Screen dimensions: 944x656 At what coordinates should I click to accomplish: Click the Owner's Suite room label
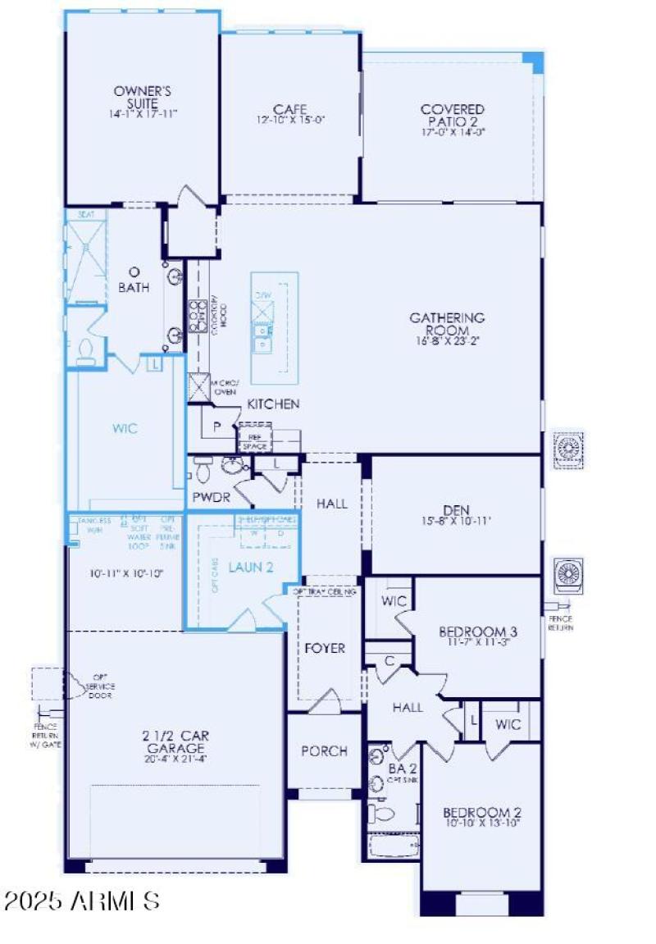(142, 98)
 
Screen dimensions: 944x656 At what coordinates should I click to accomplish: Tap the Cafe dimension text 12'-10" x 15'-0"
(290, 120)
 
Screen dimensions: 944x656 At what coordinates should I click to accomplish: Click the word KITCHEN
(274, 404)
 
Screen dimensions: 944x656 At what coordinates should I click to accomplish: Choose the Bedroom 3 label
(478, 632)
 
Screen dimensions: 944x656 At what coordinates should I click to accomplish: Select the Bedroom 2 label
(483, 813)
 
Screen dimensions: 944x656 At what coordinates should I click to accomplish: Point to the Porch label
(324, 751)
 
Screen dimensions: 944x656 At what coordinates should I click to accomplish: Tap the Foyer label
(325, 648)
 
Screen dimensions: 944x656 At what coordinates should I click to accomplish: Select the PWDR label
(211, 497)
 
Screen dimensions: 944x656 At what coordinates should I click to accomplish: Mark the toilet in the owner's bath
(85, 353)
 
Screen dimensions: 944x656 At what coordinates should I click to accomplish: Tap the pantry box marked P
(217, 427)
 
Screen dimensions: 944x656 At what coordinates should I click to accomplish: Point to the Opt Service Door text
(101, 688)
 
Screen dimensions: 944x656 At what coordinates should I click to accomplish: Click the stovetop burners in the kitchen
(198, 316)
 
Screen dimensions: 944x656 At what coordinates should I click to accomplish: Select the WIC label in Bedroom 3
(394, 601)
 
